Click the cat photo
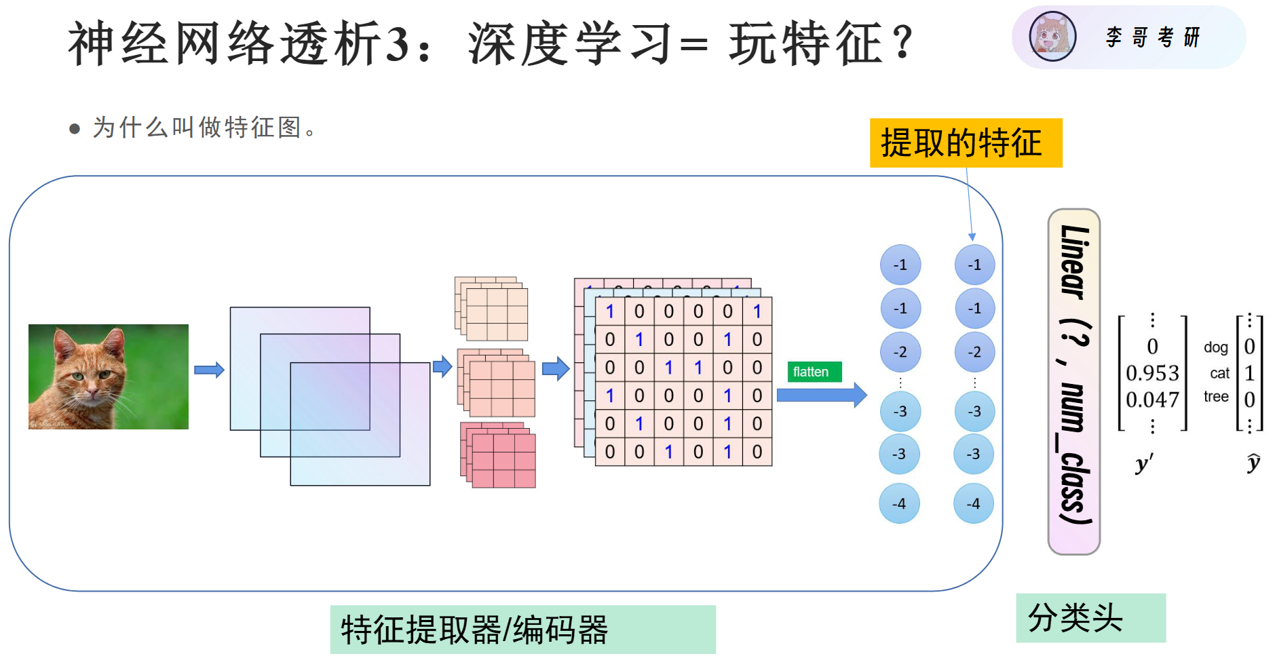point(109,377)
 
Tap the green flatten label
point(814,372)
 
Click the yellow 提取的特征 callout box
point(966,143)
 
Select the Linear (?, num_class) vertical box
point(1074,381)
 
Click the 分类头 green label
point(1090,618)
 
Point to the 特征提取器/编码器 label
point(522,630)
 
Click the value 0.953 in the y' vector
point(1152,373)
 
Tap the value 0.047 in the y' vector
point(1152,400)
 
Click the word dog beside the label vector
point(1216,348)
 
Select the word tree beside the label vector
point(1216,397)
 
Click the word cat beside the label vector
point(1219,373)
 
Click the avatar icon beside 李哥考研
point(1052,37)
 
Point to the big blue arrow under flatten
point(822,395)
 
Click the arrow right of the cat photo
point(209,370)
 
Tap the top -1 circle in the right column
point(974,265)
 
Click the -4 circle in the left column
point(899,503)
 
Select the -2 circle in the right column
point(974,352)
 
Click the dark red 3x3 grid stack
point(498,455)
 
